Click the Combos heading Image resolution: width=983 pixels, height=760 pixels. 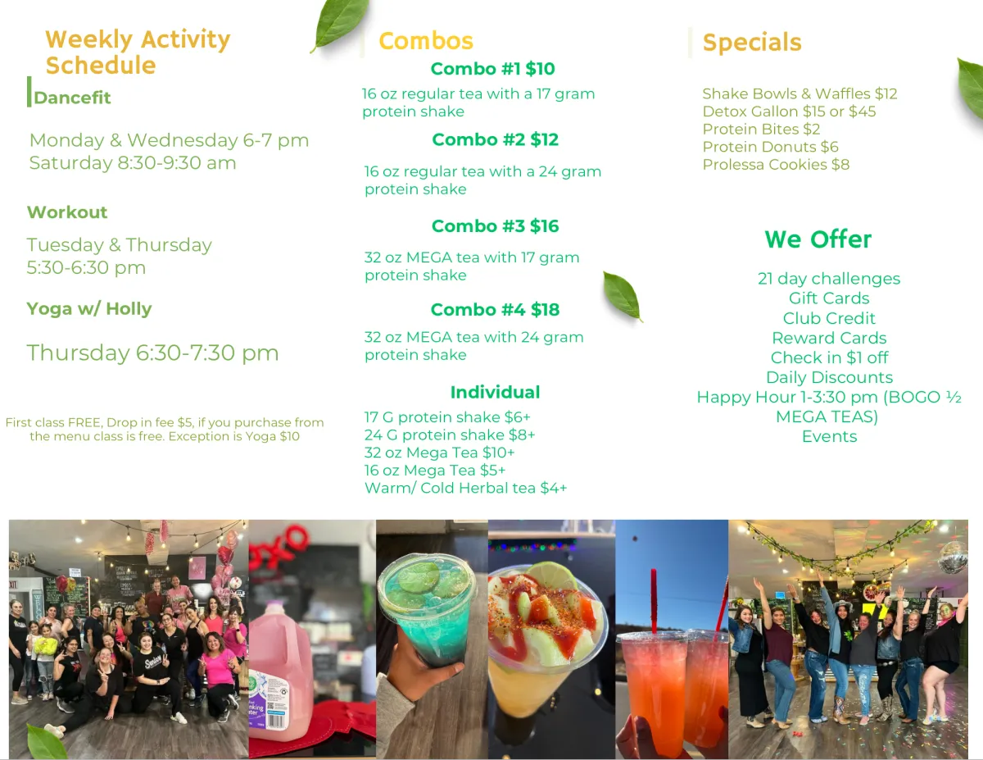click(426, 41)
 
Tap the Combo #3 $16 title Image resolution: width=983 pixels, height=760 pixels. click(496, 226)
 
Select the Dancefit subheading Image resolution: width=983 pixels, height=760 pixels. click(72, 98)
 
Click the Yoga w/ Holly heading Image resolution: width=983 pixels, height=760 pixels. click(89, 309)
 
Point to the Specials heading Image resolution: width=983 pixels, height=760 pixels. click(752, 43)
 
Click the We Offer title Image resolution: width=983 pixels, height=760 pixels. click(818, 239)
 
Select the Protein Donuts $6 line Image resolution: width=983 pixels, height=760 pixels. click(770, 147)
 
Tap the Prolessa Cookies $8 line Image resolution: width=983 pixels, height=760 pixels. click(776, 164)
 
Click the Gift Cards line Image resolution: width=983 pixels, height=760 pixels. click(829, 298)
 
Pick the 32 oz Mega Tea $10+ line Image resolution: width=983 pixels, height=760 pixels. click(440, 453)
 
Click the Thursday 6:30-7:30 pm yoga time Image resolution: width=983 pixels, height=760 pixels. click(152, 353)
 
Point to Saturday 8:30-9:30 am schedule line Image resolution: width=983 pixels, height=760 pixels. click(133, 163)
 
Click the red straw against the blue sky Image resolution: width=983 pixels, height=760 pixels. click(654, 601)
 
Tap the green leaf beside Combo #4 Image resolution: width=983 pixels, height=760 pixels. click(623, 297)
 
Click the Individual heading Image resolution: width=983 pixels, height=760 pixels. click(495, 393)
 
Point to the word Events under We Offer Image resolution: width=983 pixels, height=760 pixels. click(829, 436)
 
